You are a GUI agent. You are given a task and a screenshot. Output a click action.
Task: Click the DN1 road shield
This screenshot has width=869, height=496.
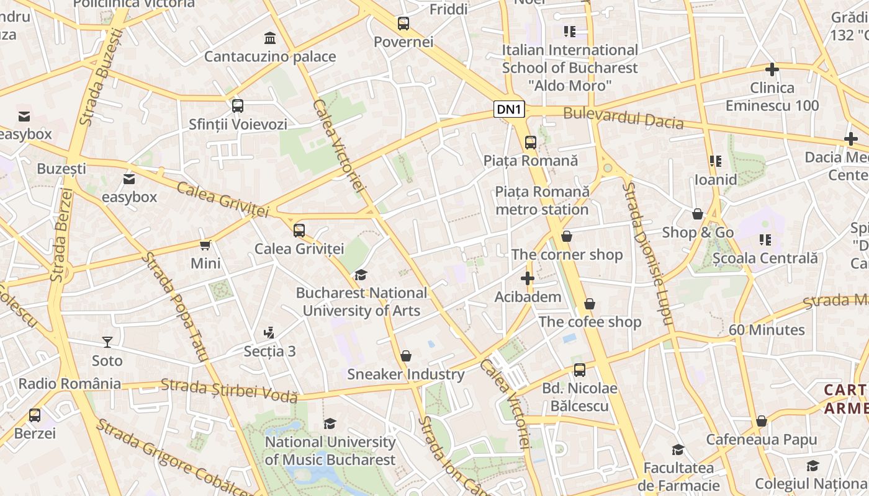tap(510, 110)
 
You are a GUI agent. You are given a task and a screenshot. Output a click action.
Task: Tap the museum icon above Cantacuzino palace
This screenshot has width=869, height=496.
tap(270, 38)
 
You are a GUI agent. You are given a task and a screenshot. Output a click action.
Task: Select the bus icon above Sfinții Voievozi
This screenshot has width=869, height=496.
tap(238, 106)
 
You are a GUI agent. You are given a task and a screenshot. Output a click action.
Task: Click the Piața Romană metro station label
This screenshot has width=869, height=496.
tap(542, 200)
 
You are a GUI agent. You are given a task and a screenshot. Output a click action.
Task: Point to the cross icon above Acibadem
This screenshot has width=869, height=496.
tap(528, 279)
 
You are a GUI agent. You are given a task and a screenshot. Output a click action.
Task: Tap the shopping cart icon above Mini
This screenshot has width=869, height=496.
tap(205, 246)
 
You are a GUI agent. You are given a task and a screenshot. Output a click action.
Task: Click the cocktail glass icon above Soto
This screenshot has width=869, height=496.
tap(107, 342)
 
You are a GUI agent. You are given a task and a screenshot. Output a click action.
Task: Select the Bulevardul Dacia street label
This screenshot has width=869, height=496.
tap(623, 118)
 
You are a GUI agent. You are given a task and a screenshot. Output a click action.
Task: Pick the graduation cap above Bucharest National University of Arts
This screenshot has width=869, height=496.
tap(361, 275)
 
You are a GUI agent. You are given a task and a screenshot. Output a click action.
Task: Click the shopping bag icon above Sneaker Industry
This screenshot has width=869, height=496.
tap(406, 356)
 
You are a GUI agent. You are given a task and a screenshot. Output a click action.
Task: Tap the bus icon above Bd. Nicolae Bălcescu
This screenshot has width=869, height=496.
tap(580, 370)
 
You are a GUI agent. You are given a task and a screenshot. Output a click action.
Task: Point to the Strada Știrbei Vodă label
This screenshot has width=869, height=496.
tap(229, 391)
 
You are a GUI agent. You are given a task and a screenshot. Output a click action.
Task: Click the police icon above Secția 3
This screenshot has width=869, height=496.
tap(269, 333)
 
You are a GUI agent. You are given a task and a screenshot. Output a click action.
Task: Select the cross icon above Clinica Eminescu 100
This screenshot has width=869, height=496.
tap(772, 69)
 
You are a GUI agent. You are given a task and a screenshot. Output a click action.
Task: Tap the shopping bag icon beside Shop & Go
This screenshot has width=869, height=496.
tap(698, 215)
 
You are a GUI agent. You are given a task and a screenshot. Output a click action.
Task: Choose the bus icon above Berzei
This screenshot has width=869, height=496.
tap(35, 415)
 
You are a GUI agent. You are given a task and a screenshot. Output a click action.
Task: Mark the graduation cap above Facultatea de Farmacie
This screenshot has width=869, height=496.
tap(678, 449)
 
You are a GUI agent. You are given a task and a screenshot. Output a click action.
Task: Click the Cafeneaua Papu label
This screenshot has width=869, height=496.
tap(762, 440)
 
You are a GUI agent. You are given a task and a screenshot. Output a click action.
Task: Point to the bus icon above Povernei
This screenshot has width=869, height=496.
tap(403, 24)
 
